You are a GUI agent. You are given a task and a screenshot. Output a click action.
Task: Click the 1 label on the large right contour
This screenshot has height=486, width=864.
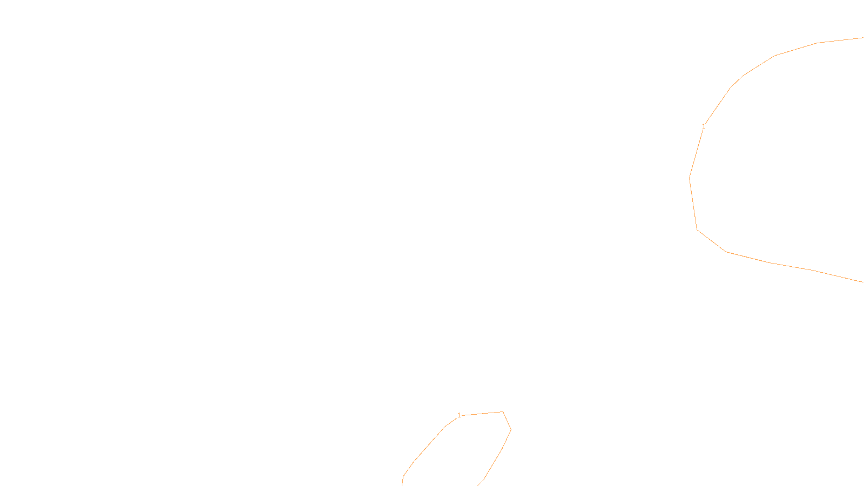(x=703, y=126)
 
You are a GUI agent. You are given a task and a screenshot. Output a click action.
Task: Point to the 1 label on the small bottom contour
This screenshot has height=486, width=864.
(x=459, y=415)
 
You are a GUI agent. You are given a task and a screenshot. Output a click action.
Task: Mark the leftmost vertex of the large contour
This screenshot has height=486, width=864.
(x=690, y=178)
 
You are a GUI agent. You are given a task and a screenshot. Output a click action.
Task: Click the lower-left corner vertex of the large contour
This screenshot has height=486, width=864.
(x=697, y=230)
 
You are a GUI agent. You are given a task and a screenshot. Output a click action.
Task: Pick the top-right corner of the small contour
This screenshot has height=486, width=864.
(x=503, y=412)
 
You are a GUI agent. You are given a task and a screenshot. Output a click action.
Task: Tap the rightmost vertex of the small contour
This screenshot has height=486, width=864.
(x=511, y=430)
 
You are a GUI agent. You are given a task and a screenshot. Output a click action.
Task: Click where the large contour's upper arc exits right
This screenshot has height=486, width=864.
(x=862, y=38)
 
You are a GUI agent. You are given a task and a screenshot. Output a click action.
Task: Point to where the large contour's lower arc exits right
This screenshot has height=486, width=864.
(x=862, y=281)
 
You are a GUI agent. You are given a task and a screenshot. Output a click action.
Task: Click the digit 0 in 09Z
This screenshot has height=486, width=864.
(x=406, y=477)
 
